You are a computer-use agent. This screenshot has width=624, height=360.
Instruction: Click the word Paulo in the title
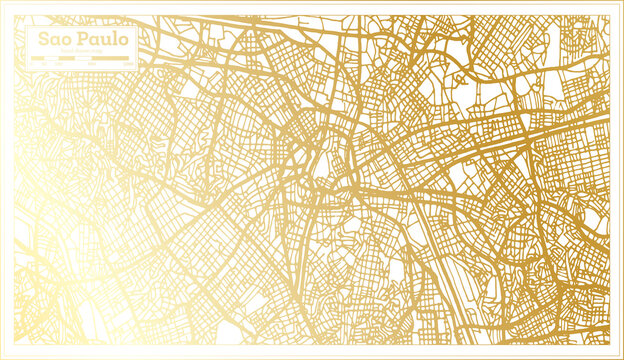(x=103, y=39)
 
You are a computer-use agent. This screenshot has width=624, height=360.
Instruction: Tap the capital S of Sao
(x=43, y=39)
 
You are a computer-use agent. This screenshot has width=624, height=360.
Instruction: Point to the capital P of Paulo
(x=82, y=39)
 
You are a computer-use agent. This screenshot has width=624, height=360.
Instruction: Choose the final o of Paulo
(x=122, y=40)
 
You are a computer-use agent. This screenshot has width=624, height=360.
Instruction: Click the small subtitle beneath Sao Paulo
(x=81, y=51)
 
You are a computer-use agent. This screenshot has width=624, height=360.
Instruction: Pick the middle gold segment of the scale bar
(x=66, y=58)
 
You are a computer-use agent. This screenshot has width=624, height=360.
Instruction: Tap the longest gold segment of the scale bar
(x=110, y=58)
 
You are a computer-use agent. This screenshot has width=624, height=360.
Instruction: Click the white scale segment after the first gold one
(x=51, y=58)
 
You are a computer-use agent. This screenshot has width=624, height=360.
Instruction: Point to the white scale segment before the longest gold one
(x=83, y=58)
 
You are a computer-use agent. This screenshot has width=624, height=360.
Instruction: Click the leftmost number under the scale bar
(x=32, y=64)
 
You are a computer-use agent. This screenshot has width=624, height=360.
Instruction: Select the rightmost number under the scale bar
(x=128, y=64)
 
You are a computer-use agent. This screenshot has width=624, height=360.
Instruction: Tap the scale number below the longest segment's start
(x=92, y=64)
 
